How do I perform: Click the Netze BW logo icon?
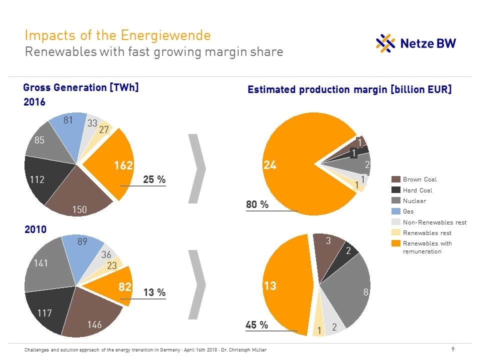pos(385,43)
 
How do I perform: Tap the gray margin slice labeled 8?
pos(350,290)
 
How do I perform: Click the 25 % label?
pos(154,179)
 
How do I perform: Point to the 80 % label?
pos(257,204)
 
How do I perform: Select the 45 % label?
pos(257,325)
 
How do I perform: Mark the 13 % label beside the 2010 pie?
pos(154,292)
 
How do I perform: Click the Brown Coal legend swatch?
pos(395,179)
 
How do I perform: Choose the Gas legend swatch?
pos(395,211)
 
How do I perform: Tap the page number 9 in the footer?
pos(453,349)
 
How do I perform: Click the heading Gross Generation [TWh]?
pos(80,87)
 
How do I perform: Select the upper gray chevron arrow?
pos(197,168)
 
